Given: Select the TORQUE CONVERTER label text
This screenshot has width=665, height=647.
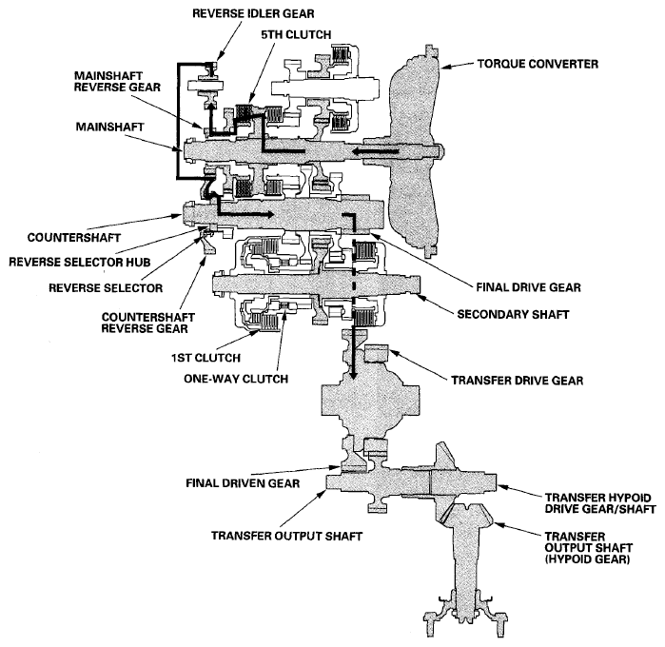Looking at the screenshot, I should (539, 65).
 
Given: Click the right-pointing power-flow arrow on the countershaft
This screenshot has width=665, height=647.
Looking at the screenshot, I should (276, 214).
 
